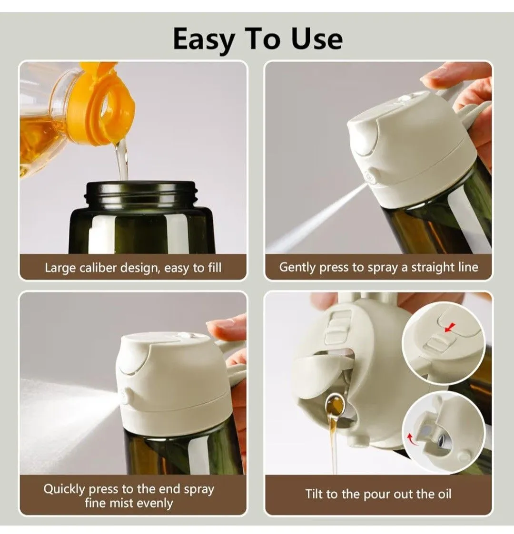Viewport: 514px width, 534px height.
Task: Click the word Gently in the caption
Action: point(297,267)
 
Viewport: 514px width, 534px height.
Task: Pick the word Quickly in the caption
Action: point(64,489)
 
